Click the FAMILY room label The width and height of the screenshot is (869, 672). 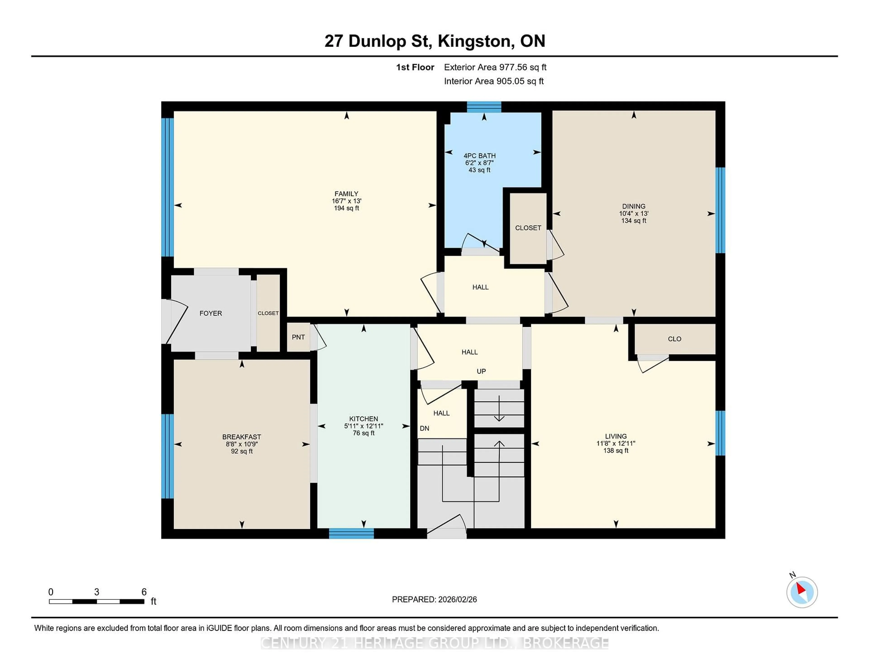[x=346, y=194]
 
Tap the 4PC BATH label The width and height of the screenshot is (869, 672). [x=480, y=156]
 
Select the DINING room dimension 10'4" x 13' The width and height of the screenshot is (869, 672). [x=633, y=213]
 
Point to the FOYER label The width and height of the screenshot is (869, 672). [x=210, y=313]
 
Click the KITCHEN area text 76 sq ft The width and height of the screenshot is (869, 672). [x=363, y=433]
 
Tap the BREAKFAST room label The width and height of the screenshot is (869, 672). [x=241, y=437]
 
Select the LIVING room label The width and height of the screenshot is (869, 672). [x=616, y=436]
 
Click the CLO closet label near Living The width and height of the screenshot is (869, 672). [x=674, y=339]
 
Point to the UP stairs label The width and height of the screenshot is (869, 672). [x=481, y=371]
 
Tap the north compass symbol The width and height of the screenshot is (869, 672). [x=802, y=592]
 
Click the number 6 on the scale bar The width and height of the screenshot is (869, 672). [x=144, y=592]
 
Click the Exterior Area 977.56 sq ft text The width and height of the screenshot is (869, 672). [x=495, y=67]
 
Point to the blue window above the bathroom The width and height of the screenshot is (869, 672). [x=484, y=107]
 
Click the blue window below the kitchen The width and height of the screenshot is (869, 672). [x=351, y=533]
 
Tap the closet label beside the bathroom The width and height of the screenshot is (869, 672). [x=528, y=228]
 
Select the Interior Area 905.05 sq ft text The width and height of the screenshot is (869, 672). [x=493, y=81]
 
